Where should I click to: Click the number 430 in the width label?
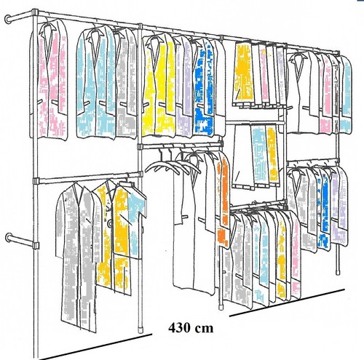coord(180,328)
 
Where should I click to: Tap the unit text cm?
coord(205,329)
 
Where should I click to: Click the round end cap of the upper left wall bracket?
coord(8,20)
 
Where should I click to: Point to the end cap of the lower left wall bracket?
coord(9,238)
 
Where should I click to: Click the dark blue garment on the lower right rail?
coord(324,209)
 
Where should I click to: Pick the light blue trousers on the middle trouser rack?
coord(260,155)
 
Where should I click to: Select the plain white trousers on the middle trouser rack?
coord(242,155)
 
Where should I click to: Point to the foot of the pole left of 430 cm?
coord(141,329)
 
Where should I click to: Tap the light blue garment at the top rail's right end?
coord(346,95)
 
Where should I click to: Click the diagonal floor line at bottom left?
coord(95,347)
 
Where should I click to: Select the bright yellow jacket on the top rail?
coord(159,85)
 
